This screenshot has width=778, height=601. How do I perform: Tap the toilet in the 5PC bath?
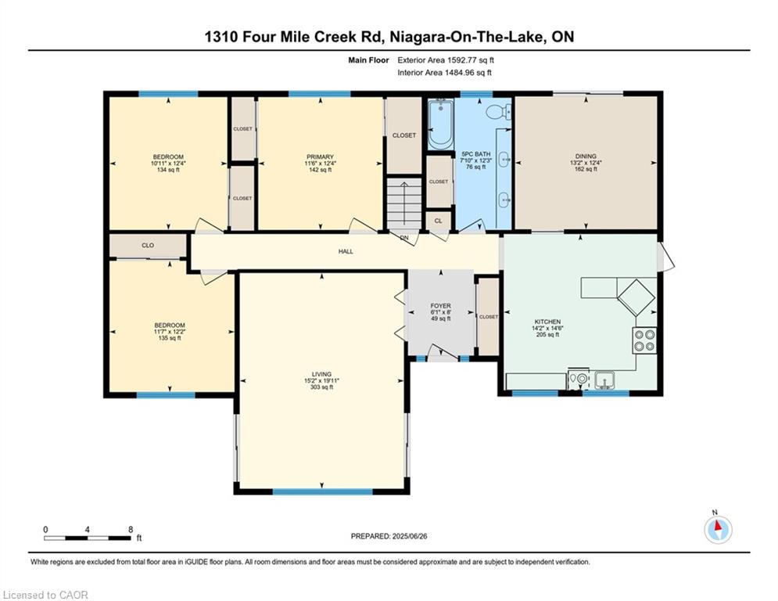(497, 113)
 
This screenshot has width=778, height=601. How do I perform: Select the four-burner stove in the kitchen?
(644, 340)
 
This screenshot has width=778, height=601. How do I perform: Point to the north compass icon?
(717, 530)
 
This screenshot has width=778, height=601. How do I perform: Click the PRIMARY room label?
(320, 157)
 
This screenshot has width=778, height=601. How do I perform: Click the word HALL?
(346, 252)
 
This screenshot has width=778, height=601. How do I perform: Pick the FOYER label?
(441, 306)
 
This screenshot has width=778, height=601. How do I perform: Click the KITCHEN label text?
(547, 322)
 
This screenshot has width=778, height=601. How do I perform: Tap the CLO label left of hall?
(148, 246)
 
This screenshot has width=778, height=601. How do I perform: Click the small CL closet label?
(438, 221)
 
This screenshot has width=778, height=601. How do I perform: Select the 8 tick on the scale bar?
(130, 530)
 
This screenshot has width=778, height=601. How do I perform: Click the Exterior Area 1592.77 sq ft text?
(446, 59)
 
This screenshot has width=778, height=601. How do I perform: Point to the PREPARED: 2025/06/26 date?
(390, 536)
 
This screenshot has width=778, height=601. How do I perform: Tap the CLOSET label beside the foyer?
(488, 317)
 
